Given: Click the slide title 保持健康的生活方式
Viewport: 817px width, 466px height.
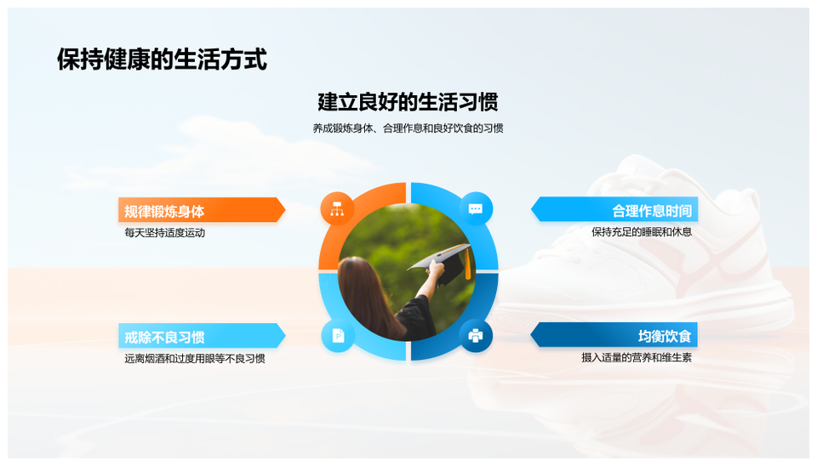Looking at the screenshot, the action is coord(162,59).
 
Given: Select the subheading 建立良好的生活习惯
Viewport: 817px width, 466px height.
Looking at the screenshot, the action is coord(408,101).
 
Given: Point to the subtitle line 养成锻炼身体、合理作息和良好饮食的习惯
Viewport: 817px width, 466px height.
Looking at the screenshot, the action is coord(408,128).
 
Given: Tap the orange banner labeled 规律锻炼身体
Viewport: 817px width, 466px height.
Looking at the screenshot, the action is coord(202,210).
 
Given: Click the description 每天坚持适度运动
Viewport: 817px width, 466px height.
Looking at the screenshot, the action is coord(164,233).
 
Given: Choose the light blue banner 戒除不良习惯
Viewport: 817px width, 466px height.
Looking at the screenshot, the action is coord(202,337).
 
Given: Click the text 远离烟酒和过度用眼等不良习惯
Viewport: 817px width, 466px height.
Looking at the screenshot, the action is coord(195,359).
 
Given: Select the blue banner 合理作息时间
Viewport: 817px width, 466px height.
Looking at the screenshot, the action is coord(614,210).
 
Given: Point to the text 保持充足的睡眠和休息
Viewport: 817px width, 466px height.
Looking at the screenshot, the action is coord(642,232).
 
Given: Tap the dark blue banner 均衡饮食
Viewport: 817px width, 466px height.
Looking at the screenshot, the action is coord(614,335).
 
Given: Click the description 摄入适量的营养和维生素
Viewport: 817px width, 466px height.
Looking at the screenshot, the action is coord(637,358).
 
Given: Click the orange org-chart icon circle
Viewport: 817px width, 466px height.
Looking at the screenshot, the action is coord(337,209).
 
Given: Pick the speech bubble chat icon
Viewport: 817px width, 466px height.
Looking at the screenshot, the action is coord(476,209).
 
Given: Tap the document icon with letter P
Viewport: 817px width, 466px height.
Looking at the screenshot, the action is coord(338,336).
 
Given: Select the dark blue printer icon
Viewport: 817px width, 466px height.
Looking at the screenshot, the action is coord(476,336).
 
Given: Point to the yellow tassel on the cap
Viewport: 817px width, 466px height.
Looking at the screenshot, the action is coord(467,264).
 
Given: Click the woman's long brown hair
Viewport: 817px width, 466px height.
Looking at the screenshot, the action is coord(368,297).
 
